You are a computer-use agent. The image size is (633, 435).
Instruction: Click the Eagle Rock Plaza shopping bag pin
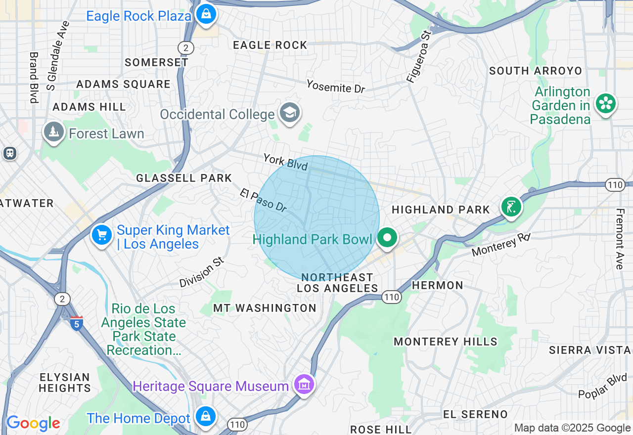click(205, 14)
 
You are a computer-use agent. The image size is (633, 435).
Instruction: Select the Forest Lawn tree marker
click(53, 132)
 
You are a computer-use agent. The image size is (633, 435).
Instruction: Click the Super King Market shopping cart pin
click(102, 235)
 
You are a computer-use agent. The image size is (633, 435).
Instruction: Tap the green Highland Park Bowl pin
click(387, 238)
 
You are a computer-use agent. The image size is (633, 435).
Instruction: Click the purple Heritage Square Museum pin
click(304, 384)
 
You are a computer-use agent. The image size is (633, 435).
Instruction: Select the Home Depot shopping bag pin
click(205, 416)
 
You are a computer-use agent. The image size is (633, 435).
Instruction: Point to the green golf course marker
click(511, 207)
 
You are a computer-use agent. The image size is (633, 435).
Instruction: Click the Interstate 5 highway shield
click(76, 323)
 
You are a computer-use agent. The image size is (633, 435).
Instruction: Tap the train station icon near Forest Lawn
click(9, 153)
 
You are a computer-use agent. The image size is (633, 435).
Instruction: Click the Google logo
click(33, 423)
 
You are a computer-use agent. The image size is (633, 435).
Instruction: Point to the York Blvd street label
click(286, 162)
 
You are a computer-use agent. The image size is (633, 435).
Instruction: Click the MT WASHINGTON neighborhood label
click(265, 308)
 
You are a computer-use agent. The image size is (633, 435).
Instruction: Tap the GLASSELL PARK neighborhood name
click(184, 178)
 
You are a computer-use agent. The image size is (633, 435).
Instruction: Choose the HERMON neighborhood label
click(437, 285)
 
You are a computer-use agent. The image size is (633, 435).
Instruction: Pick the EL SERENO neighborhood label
click(475, 414)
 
